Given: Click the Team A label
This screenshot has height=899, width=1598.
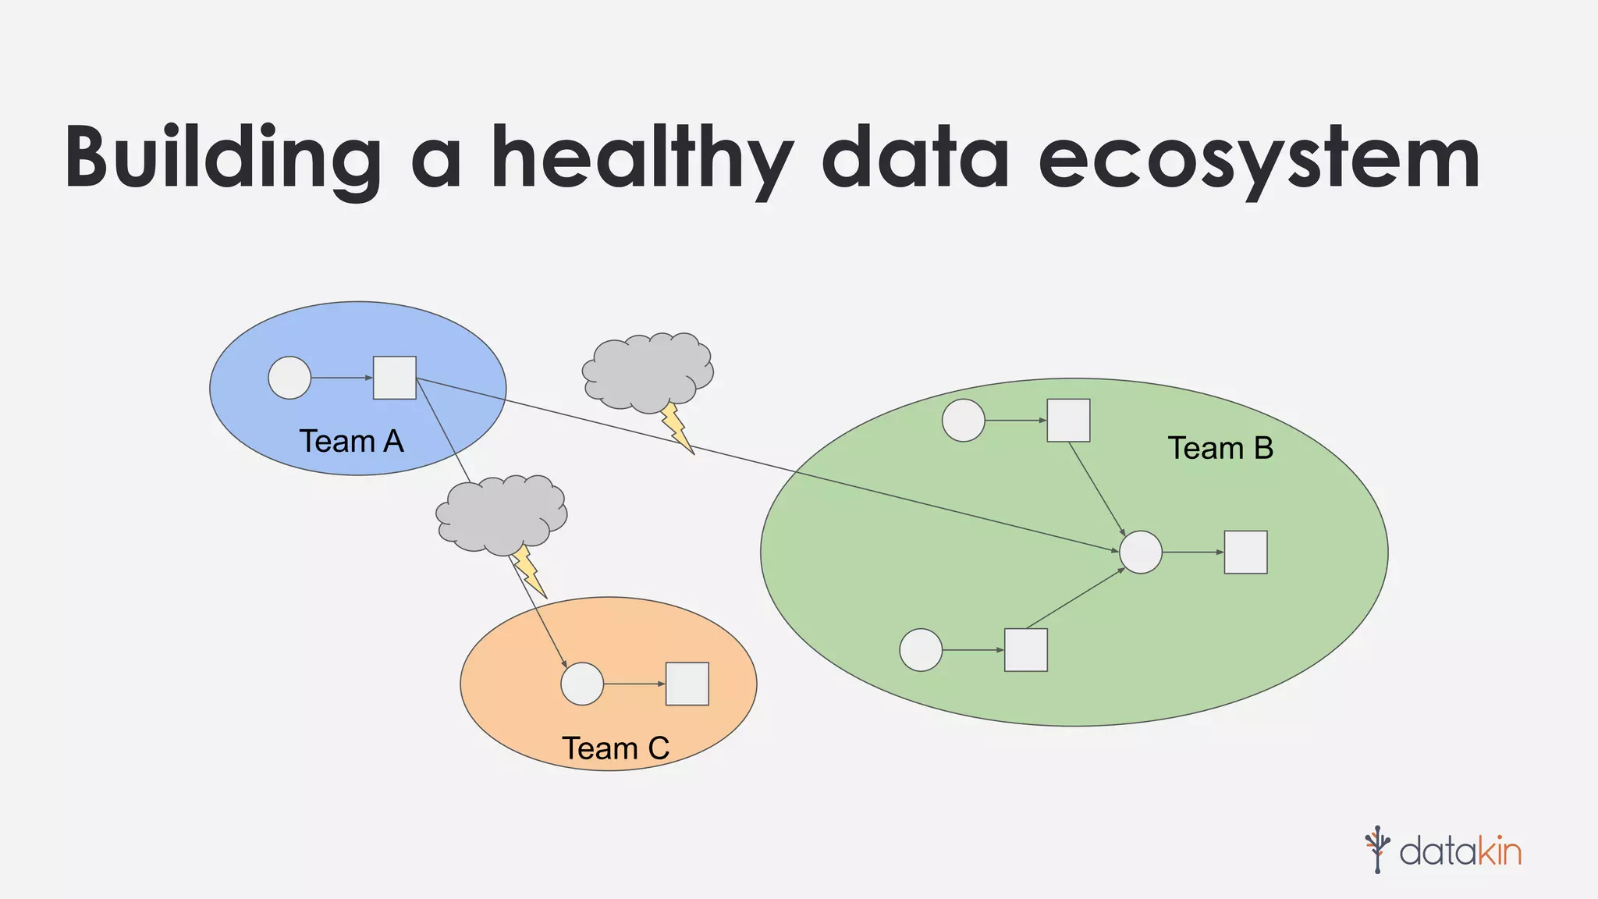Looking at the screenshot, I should pyautogui.click(x=351, y=442).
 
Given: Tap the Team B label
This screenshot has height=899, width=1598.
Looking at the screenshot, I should pyautogui.click(x=1220, y=449).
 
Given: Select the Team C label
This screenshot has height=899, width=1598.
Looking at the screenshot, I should pyautogui.click(x=616, y=748).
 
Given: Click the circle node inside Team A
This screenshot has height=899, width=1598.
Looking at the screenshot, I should pyautogui.click(x=289, y=378).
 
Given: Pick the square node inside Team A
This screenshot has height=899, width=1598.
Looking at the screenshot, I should pyautogui.click(x=394, y=378).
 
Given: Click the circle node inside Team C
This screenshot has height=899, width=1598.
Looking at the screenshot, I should pyautogui.click(x=582, y=684).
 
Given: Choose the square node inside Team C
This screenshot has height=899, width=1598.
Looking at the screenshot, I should pyautogui.click(x=687, y=684).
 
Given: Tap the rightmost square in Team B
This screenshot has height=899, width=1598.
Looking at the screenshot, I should pyautogui.click(x=1245, y=553).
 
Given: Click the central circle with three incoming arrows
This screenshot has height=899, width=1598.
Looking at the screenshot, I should pyautogui.click(x=1141, y=553).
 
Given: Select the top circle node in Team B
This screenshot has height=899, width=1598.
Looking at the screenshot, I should pyautogui.click(x=964, y=421).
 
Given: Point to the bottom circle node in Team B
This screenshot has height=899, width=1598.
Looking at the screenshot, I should pyautogui.click(x=921, y=650).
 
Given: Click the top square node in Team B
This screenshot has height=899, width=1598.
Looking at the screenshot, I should pyautogui.click(x=1068, y=421).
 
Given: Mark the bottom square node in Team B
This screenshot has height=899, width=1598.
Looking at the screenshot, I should pyautogui.click(x=1025, y=650).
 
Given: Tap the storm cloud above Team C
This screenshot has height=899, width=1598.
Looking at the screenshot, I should pyautogui.click(x=501, y=513).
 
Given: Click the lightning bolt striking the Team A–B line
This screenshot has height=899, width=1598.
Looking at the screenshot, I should pyautogui.click(x=676, y=428).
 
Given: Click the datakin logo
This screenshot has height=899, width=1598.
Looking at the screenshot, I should pyautogui.click(x=1443, y=850).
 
